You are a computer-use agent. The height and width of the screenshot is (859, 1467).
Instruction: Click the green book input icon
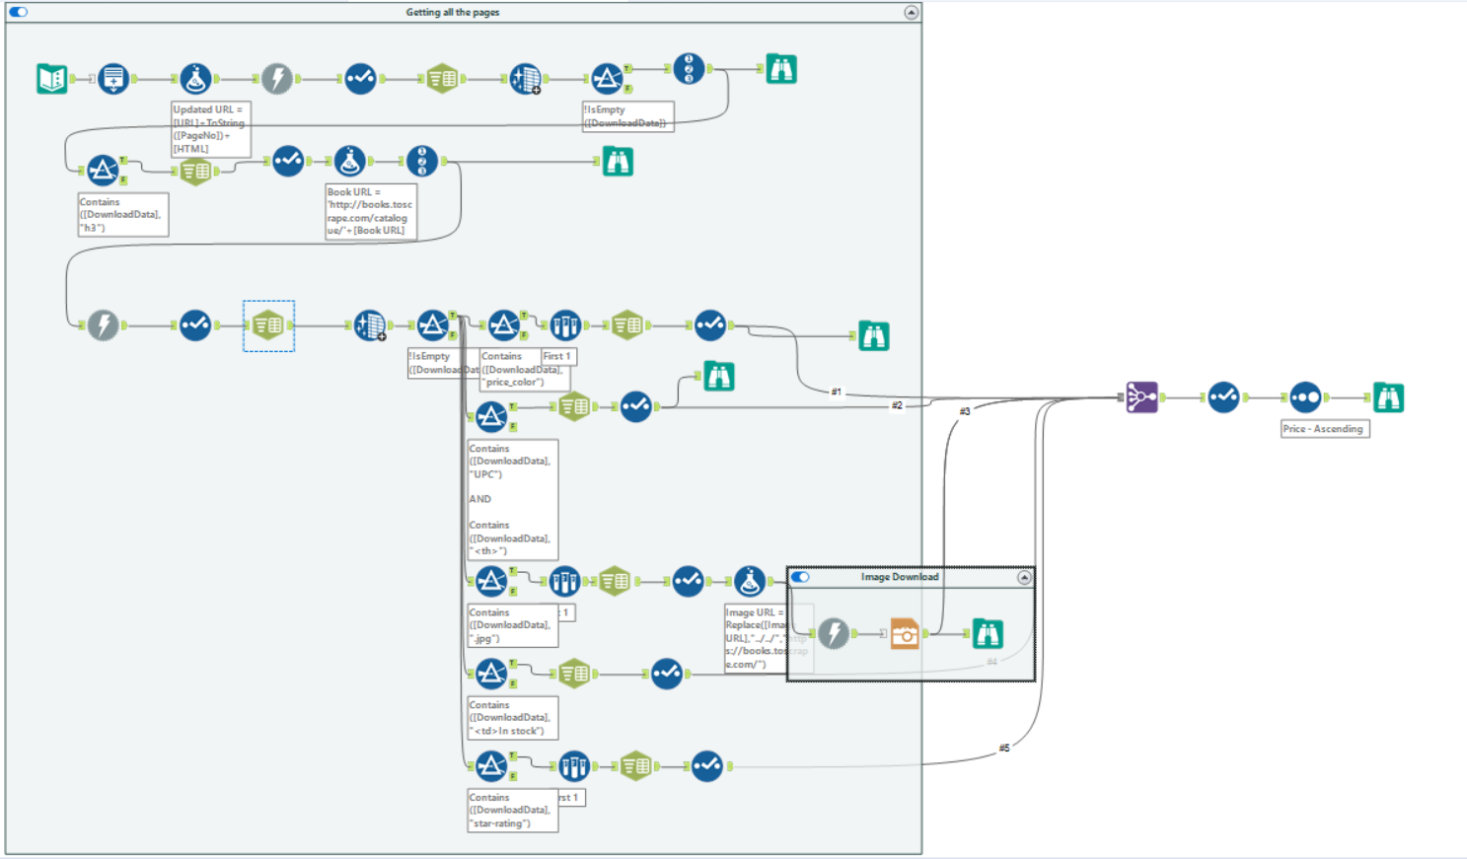pos(51,78)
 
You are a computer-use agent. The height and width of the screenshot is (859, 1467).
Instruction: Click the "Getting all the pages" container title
pos(453,12)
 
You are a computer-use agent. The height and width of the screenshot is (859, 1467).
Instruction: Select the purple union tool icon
pos(1141,397)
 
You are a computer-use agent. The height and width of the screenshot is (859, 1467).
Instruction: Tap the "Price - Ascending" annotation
pos(1324,429)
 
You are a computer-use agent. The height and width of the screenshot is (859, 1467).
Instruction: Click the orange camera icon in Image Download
pos(904,633)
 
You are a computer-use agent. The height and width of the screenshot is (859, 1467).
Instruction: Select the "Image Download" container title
pos(900,577)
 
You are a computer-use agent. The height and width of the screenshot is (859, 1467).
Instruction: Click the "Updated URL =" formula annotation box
pos(210,129)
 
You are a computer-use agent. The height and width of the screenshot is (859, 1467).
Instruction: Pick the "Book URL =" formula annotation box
pos(371,211)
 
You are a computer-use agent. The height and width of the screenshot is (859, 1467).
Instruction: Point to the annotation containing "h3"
pos(122,215)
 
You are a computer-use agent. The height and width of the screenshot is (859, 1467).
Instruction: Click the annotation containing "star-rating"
pos(512,810)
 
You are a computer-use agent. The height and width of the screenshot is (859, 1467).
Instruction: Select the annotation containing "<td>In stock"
pos(512,718)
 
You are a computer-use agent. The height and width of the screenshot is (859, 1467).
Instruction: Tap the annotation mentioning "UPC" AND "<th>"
pos(512,499)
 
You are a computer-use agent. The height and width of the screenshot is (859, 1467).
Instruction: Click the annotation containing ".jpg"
pos(512,625)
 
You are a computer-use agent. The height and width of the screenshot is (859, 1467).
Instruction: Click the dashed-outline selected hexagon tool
pos(268,325)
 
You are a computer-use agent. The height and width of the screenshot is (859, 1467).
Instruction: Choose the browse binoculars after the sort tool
pos(1388,397)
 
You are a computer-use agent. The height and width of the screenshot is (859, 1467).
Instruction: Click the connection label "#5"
pos(1004,748)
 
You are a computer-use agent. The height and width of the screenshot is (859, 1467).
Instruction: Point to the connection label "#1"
pos(837,392)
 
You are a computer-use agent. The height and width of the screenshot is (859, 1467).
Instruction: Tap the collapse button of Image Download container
pos(1024,578)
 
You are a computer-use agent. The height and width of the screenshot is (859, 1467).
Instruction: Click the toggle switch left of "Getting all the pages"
pos(19,12)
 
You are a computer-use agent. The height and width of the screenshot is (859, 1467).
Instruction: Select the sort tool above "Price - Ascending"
pos(1304,397)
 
